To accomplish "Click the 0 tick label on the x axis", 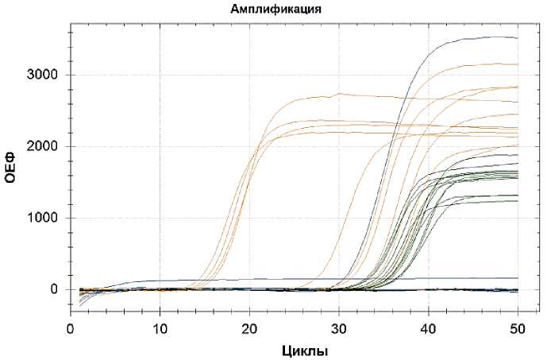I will (x=71, y=327).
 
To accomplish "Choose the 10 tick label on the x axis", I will (x=160, y=327).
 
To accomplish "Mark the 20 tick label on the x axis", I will (x=250, y=327).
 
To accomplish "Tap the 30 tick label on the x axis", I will (x=339, y=327).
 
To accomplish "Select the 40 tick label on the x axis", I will (x=429, y=327).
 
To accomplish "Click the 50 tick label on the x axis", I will (x=518, y=327).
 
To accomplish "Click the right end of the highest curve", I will (x=517, y=37).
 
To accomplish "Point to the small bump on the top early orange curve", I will (x=339, y=94).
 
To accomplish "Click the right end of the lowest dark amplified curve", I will (x=517, y=201).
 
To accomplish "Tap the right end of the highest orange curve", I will (x=517, y=64).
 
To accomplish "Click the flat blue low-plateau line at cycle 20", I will (x=250, y=280).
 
